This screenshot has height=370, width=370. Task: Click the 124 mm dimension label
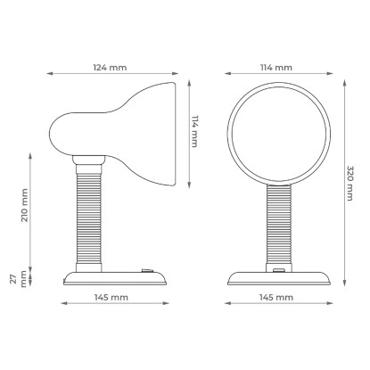tap(110, 68)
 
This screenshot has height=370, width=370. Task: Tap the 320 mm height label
tap(350, 184)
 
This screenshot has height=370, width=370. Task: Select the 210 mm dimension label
tap(24, 205)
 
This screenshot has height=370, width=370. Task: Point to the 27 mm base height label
tap(19, 278)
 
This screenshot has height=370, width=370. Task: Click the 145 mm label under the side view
tap(111, 297)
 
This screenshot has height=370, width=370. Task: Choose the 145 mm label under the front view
tap(276, 297)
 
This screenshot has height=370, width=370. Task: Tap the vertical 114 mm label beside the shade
tap(194, 131)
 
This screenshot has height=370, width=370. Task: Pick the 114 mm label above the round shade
tap(276, 68)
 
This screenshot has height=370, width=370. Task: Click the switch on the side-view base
tap(147, 270)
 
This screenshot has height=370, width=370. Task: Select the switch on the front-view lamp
tap(279, 270)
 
